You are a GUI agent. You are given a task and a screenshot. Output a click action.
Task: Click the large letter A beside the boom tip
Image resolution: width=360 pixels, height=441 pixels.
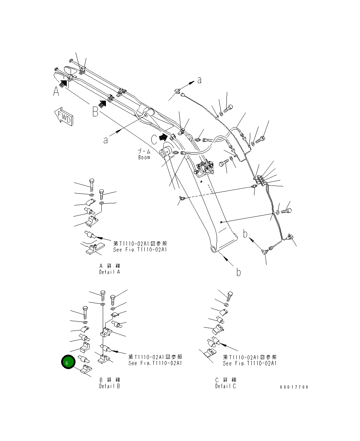pyautogui.click(x=56, y=92)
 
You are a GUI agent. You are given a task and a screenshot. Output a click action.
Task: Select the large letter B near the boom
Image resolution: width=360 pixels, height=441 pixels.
pyautogui.click(x=95, y=112)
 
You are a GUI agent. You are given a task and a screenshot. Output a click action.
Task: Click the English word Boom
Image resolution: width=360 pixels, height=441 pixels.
pyautogui.click(x=144, y=158)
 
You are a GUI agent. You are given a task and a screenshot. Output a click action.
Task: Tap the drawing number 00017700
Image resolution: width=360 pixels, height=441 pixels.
pyautogui.click(x=294, y=387)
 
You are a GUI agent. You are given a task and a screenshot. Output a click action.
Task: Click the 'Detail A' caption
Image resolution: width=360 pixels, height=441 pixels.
pyautogui.click(x=109, y=272)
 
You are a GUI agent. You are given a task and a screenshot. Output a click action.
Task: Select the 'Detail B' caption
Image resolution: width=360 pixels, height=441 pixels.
pyautogui.click(x=109, y=386)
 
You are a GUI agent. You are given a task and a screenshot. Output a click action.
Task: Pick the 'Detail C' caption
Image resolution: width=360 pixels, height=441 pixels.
pyautogui.click(x=225, y=386)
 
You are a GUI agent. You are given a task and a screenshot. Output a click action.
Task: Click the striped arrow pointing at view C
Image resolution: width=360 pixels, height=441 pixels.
pyautogui.click(x=163, y=137)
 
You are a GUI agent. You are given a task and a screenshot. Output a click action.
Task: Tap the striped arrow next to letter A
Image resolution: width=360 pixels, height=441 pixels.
pyautogui.click(x=63, y=83)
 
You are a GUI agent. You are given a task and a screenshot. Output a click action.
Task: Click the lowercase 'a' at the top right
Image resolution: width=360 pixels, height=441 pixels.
pyautogui.click(x=199, y=80)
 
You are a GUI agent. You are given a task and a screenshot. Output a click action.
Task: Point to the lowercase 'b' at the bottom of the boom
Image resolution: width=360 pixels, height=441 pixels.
pyautogui.click(x=238, y=272)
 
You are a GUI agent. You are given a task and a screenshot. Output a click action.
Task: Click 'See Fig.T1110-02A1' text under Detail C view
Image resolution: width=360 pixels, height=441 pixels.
pyautogui.click(x=250, y=363)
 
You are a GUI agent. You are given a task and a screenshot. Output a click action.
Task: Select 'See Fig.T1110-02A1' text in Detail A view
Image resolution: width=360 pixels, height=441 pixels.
pyautogui.click(x=140, y=250)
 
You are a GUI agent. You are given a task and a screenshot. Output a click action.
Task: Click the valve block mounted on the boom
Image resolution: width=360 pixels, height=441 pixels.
pyautogui.click(x=206, y=167)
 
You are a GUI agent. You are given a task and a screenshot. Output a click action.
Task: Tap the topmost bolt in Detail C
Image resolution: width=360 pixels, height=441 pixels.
pyautogui.click(x=230, y=296)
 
